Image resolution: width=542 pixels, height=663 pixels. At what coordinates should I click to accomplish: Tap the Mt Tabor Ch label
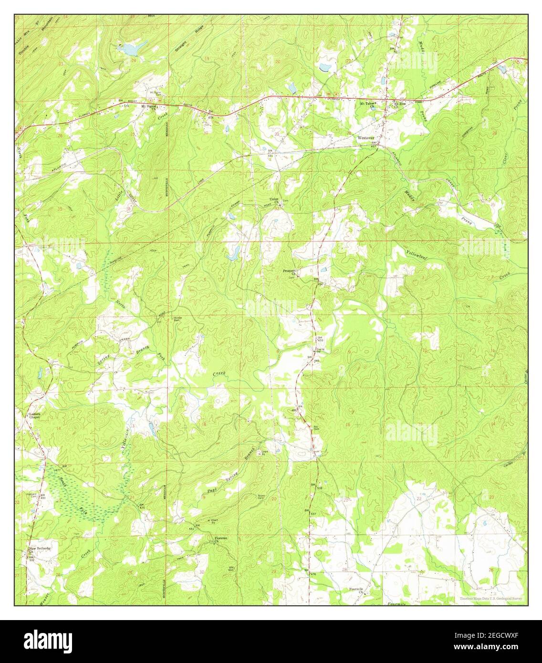coord(369,104)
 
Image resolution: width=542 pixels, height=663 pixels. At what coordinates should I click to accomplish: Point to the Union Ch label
coord(274,200)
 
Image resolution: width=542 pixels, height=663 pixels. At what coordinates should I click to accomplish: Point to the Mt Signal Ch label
coord(147,107)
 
